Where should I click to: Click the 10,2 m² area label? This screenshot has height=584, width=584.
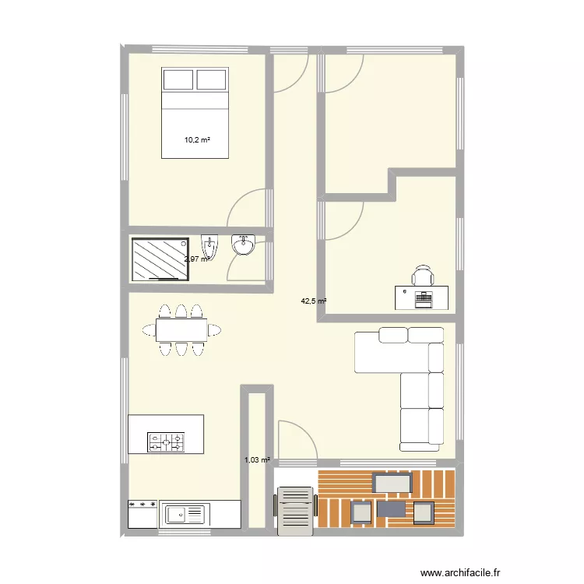point(198,141)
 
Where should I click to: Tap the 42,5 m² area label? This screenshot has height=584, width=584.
point(314,301)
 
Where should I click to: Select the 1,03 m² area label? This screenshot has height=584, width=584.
point(257,460)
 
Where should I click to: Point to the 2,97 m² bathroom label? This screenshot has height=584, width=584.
point(196,259)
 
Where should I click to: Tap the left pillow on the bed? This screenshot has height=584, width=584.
point(178,79)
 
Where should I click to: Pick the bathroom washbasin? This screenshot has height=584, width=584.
point(244,245)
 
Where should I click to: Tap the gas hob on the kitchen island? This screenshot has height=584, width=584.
point(167,443)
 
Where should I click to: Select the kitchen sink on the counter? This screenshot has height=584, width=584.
point(184,514)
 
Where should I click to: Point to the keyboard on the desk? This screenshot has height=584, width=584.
point(424,297)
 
